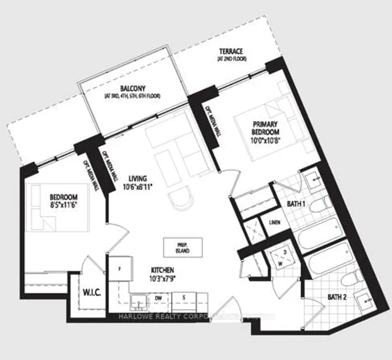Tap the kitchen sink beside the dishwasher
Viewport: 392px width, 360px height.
(x=138, y=301)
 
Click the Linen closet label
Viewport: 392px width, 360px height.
(x=273, y=222)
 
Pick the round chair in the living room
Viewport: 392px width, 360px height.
(x=181, y=199)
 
